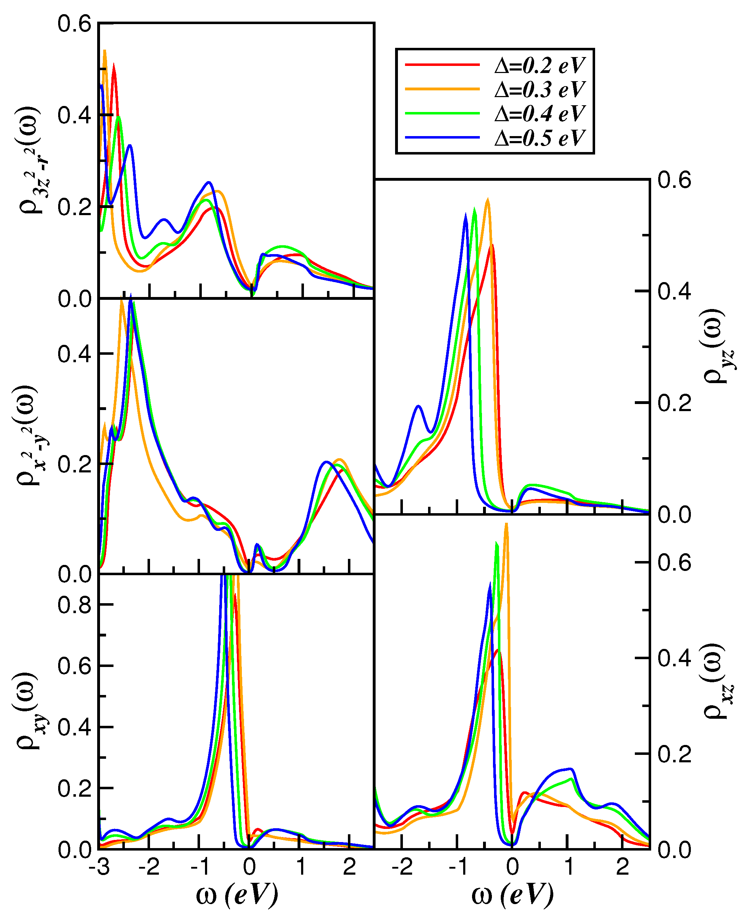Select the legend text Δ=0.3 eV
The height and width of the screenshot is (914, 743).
(x=540, y=90)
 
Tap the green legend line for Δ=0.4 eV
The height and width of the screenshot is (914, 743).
(x=443, y=113)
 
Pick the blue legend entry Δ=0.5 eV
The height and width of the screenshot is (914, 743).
(x=540, y=138)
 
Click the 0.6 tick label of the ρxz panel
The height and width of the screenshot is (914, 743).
(x=674, y=563)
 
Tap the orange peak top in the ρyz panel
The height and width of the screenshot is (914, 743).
(x=488, y=200)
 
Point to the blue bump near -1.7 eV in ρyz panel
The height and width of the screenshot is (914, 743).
(x=418, y=406)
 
